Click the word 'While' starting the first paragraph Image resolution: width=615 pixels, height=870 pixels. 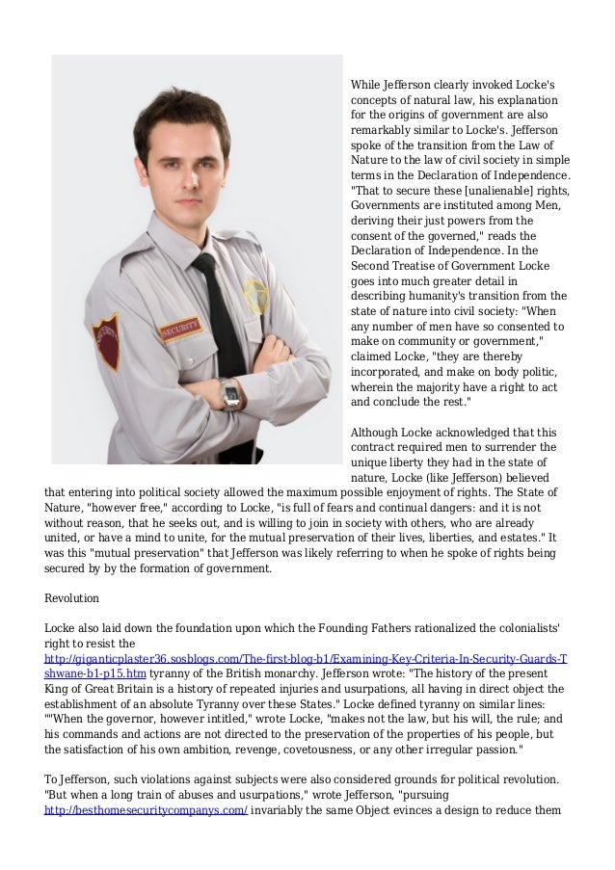click(366, 84)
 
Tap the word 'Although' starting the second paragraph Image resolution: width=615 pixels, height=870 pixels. click(377, 432)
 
